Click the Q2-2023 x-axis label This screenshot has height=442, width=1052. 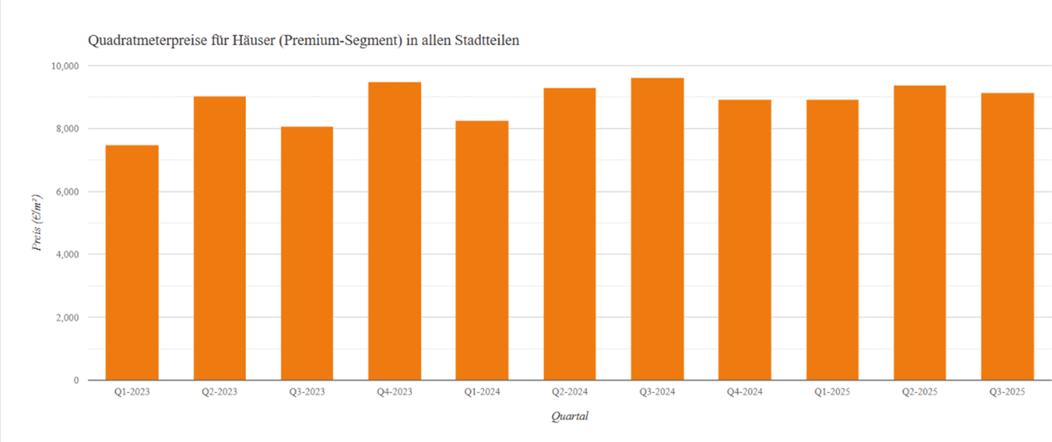pos(219,392)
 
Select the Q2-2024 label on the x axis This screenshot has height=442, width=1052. pos(569,392)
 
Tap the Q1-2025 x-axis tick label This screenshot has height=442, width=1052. pos(832,392)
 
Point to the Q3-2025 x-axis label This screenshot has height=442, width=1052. pos(1007,392)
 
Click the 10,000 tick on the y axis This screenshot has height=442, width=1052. pos(65,66)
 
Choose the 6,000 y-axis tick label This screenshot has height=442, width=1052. pos(67,192)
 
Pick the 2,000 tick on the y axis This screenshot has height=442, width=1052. pos(67,318)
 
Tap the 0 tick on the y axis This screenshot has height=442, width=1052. pos(76,381)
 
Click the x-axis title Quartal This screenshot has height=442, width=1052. pos(569,416)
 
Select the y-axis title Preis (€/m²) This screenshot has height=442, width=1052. pos(37,223)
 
